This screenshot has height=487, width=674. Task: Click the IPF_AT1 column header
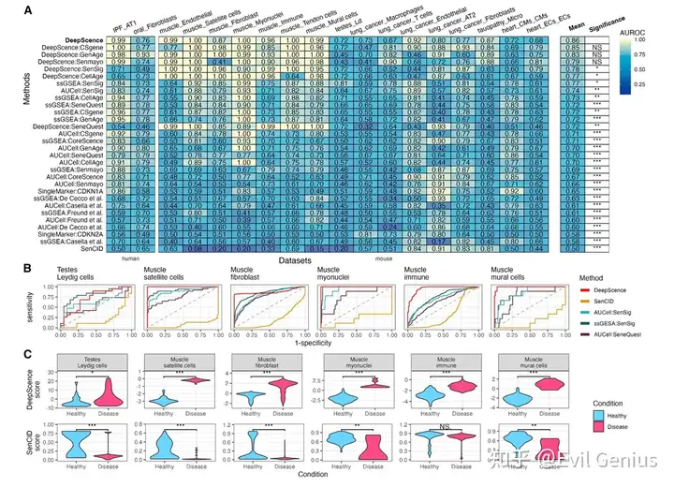click(120, 23)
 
